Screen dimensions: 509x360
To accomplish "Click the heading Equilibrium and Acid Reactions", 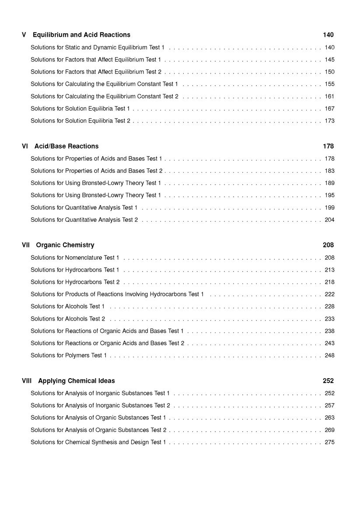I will pos(81,35).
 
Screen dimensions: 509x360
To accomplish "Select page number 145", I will pos(329,59).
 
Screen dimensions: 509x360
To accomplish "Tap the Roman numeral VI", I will pos(25,146).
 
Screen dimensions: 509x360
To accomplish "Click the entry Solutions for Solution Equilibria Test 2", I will pos(80,121).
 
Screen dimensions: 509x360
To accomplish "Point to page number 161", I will pos(329,96).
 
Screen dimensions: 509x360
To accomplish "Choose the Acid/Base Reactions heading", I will pos(66,146).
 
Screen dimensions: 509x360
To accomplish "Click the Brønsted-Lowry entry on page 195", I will pos(96,195).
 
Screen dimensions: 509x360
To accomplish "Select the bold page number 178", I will pos(328,146).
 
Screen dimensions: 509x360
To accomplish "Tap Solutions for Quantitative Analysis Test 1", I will pos(84,207).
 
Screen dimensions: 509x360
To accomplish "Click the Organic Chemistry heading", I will pos(65,245).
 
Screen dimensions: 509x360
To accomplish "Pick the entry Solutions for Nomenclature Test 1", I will pos(75,258).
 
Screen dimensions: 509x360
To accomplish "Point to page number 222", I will pos(329,294).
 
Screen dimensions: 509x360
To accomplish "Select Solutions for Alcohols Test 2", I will pos(68,319).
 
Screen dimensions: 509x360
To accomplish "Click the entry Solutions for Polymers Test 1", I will pos(69,356).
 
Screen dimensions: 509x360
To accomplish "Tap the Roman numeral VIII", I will pos(27,381).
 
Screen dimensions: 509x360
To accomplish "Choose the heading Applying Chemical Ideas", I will pos(77,381).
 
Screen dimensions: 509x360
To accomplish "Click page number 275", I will pos(329,442).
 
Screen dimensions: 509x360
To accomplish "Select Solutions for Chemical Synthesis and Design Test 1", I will pos(98,442).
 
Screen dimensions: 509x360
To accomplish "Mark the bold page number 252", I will pos(328,381).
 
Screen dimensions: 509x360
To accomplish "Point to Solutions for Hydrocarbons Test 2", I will pos(75,282).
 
